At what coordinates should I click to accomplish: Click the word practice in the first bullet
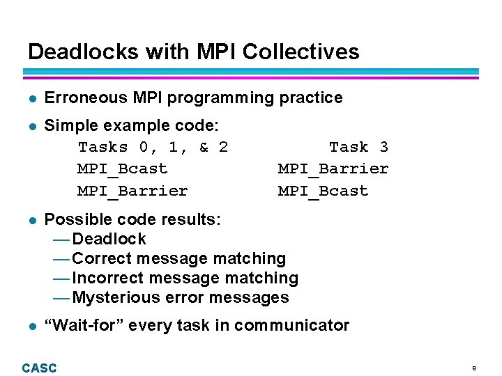click(x=311, y=98)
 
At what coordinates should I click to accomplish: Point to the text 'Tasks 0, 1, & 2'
click(x=153, y=147)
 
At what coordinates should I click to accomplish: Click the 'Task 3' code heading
click(x=358, y=147)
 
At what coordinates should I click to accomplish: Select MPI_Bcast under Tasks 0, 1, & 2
click(x=122, y=169)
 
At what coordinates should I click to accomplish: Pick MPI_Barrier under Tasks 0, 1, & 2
click(x=132, y=191)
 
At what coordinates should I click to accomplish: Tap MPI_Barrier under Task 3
click(x=333, y=169)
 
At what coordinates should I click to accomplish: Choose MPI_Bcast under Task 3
click(x=323, y=191)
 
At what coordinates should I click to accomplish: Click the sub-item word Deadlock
click(x=109, y=240)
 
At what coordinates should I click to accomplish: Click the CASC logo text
click(x=39, y=368)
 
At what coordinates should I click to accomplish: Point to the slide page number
click(x=473, y=368)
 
